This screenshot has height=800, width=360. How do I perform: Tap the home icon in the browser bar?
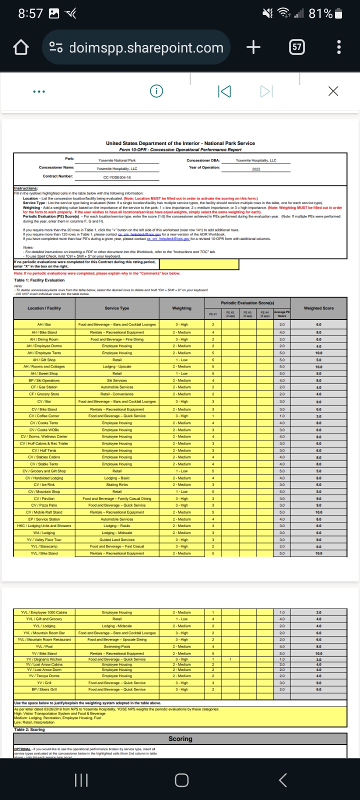(x=20, y=47)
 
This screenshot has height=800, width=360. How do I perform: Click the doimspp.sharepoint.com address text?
(x=146, y=47)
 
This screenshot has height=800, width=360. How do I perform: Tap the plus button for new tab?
(x=253, y=47)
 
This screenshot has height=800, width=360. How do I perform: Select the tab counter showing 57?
(x=297, y=47)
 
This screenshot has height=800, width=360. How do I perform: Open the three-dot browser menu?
(x=339, y=47)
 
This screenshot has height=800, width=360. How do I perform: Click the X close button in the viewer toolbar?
(x=333, y=91)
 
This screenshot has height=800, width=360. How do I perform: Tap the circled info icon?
(x=156, y=91)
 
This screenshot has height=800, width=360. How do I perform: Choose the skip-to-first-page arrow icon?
(x=224, y=91)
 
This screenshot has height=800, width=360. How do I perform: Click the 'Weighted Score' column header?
(x=318, y=308)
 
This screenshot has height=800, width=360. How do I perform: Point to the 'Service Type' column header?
(x=117, y=308)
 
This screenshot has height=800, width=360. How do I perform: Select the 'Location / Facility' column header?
(x=44, y=308)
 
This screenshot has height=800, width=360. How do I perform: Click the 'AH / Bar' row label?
(x=44, y=324)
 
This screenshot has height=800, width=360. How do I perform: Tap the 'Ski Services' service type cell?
(x=117, y=380)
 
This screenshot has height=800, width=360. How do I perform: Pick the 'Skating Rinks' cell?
(x=117, y=484)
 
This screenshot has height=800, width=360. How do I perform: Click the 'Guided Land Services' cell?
(x=117, y=539)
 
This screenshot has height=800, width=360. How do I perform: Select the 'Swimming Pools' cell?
(x=117, y=646)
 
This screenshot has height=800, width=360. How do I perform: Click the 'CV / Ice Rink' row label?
(x=44, y=484)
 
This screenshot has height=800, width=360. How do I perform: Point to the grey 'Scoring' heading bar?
(x=180, y=738)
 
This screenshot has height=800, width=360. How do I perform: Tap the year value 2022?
(x=256, y=169)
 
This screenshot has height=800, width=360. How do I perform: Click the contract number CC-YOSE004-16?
(x=117, y=177)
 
